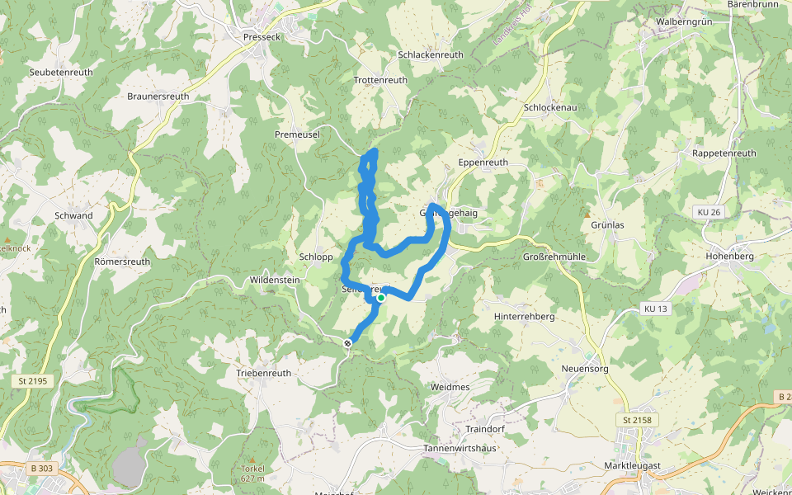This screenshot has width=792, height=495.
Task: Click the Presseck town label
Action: (x=263, y=36)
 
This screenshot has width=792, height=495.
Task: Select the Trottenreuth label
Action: (x=380, y=80)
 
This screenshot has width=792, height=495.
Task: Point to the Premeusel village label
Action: (x=297, y=134)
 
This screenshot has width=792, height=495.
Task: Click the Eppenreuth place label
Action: (x=483, y=163)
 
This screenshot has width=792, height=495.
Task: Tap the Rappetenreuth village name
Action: (x=724, y=153)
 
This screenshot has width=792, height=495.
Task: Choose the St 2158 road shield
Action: (x=637, y=420)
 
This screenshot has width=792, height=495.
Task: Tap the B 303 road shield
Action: (x=41, y=469)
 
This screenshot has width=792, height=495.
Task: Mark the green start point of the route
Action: (x=381, y=298)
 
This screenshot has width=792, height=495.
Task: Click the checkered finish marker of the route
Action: (x=348, y=343)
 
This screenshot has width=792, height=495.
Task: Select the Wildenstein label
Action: (x=274, y=280)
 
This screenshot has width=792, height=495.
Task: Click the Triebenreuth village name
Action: (x=264, y=373)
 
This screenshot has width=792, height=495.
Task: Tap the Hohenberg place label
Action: (x=731, y=256)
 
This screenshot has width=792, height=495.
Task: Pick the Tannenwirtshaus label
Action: (x=460, y=448)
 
